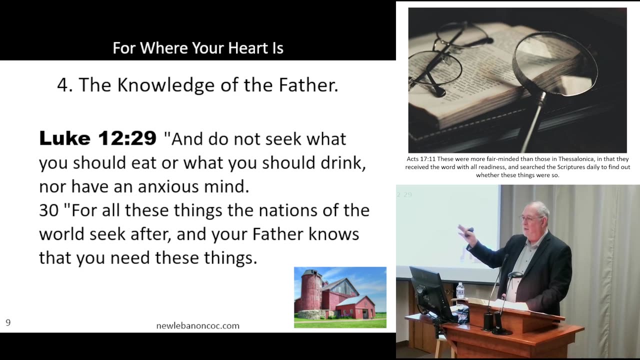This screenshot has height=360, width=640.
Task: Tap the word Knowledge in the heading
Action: click(165, 85)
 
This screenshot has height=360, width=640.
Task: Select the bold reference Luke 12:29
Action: click(97, 138)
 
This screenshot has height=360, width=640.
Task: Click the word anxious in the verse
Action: click(168, 186)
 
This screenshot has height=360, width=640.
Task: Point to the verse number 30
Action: click(48, 210)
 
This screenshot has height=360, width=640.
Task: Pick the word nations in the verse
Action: click(288, 210)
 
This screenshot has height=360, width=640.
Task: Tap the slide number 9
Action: click(8, 322)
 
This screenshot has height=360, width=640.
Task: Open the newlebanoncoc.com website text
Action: click(197, 325)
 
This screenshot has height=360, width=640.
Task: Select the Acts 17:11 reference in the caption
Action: click(421, 159)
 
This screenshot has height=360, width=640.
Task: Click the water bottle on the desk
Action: click(460, 291)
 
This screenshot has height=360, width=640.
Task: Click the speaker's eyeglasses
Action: click(531, 218)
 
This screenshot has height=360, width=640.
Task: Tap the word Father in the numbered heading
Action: click(308, 85)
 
